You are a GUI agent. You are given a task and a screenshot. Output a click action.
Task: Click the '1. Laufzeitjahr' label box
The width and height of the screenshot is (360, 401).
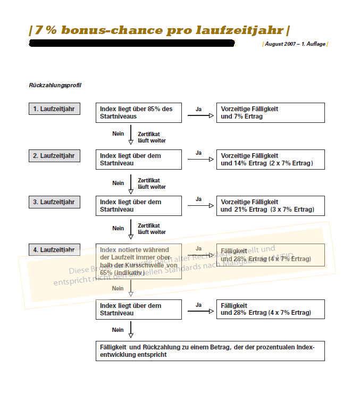(x=54, y=109)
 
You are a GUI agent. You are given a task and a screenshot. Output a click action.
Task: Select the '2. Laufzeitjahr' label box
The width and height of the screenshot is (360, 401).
(x=54, y=156)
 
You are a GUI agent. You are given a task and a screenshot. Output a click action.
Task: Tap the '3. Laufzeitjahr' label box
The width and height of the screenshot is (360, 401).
(x=54, y=202)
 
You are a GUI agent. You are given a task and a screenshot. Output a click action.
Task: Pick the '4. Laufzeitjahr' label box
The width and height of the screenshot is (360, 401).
(x=54, y=249)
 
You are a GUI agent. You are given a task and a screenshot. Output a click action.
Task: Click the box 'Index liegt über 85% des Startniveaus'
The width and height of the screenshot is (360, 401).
(x=138, y=112)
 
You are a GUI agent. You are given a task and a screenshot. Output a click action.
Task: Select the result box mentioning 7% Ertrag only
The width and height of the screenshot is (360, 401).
(x=270, y=112)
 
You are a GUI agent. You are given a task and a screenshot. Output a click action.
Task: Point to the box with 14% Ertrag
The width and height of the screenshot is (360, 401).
(x=270, y=159)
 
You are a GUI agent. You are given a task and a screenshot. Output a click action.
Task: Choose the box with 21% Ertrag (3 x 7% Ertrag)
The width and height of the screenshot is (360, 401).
(x=270, y=206)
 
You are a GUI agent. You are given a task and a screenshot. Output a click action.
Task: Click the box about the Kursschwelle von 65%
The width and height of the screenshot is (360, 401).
(x=138, y=261)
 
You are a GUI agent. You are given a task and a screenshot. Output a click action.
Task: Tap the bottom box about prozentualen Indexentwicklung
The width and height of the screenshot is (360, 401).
(x=210, y=351)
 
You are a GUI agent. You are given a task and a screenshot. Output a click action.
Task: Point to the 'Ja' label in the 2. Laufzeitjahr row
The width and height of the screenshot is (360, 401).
(x=198, y=153)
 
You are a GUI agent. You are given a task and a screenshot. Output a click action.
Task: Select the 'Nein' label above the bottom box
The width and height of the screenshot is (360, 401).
(x=118, y=330)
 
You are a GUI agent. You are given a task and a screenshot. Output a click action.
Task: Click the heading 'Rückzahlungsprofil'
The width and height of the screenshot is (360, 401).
(x=55, y=85)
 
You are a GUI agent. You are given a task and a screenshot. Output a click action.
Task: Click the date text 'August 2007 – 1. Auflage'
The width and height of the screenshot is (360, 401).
(x=295, y=44)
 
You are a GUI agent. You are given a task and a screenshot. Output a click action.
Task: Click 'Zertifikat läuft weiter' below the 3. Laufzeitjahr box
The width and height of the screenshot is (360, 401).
(x=152, y=229)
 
